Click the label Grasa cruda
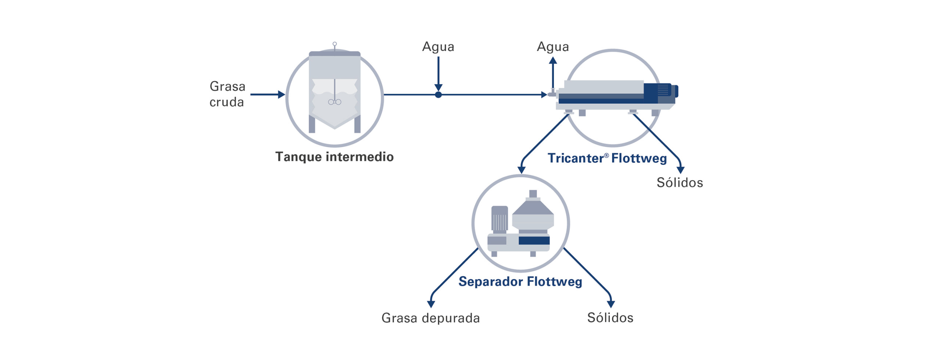(227, 94)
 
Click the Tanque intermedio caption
(334, 157)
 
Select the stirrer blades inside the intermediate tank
(334, 102)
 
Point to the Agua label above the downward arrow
(438, 47)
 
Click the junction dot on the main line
(438, 95)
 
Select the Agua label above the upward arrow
(552, 47)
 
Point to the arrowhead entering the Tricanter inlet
(544, 95)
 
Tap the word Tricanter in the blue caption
(575, 158)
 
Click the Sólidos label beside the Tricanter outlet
(679, 183)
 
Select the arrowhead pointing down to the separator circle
(521, 170)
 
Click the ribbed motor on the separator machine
(500, 220)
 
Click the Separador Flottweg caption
(520, 282)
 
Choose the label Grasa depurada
(430, 318)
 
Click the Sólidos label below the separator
(610, 318)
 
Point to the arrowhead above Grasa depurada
(431, 304)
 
